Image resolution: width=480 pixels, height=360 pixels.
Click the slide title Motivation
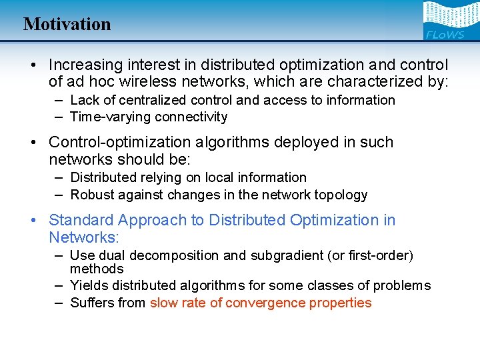click(x=67, y=24)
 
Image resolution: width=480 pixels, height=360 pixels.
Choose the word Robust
click(x=92, y=195)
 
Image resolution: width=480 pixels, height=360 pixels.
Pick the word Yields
click(x=88, y=285)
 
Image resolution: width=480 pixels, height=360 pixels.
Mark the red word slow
click(x=163, y=303)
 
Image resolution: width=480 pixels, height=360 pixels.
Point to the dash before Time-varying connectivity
click(x=59, y=117)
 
